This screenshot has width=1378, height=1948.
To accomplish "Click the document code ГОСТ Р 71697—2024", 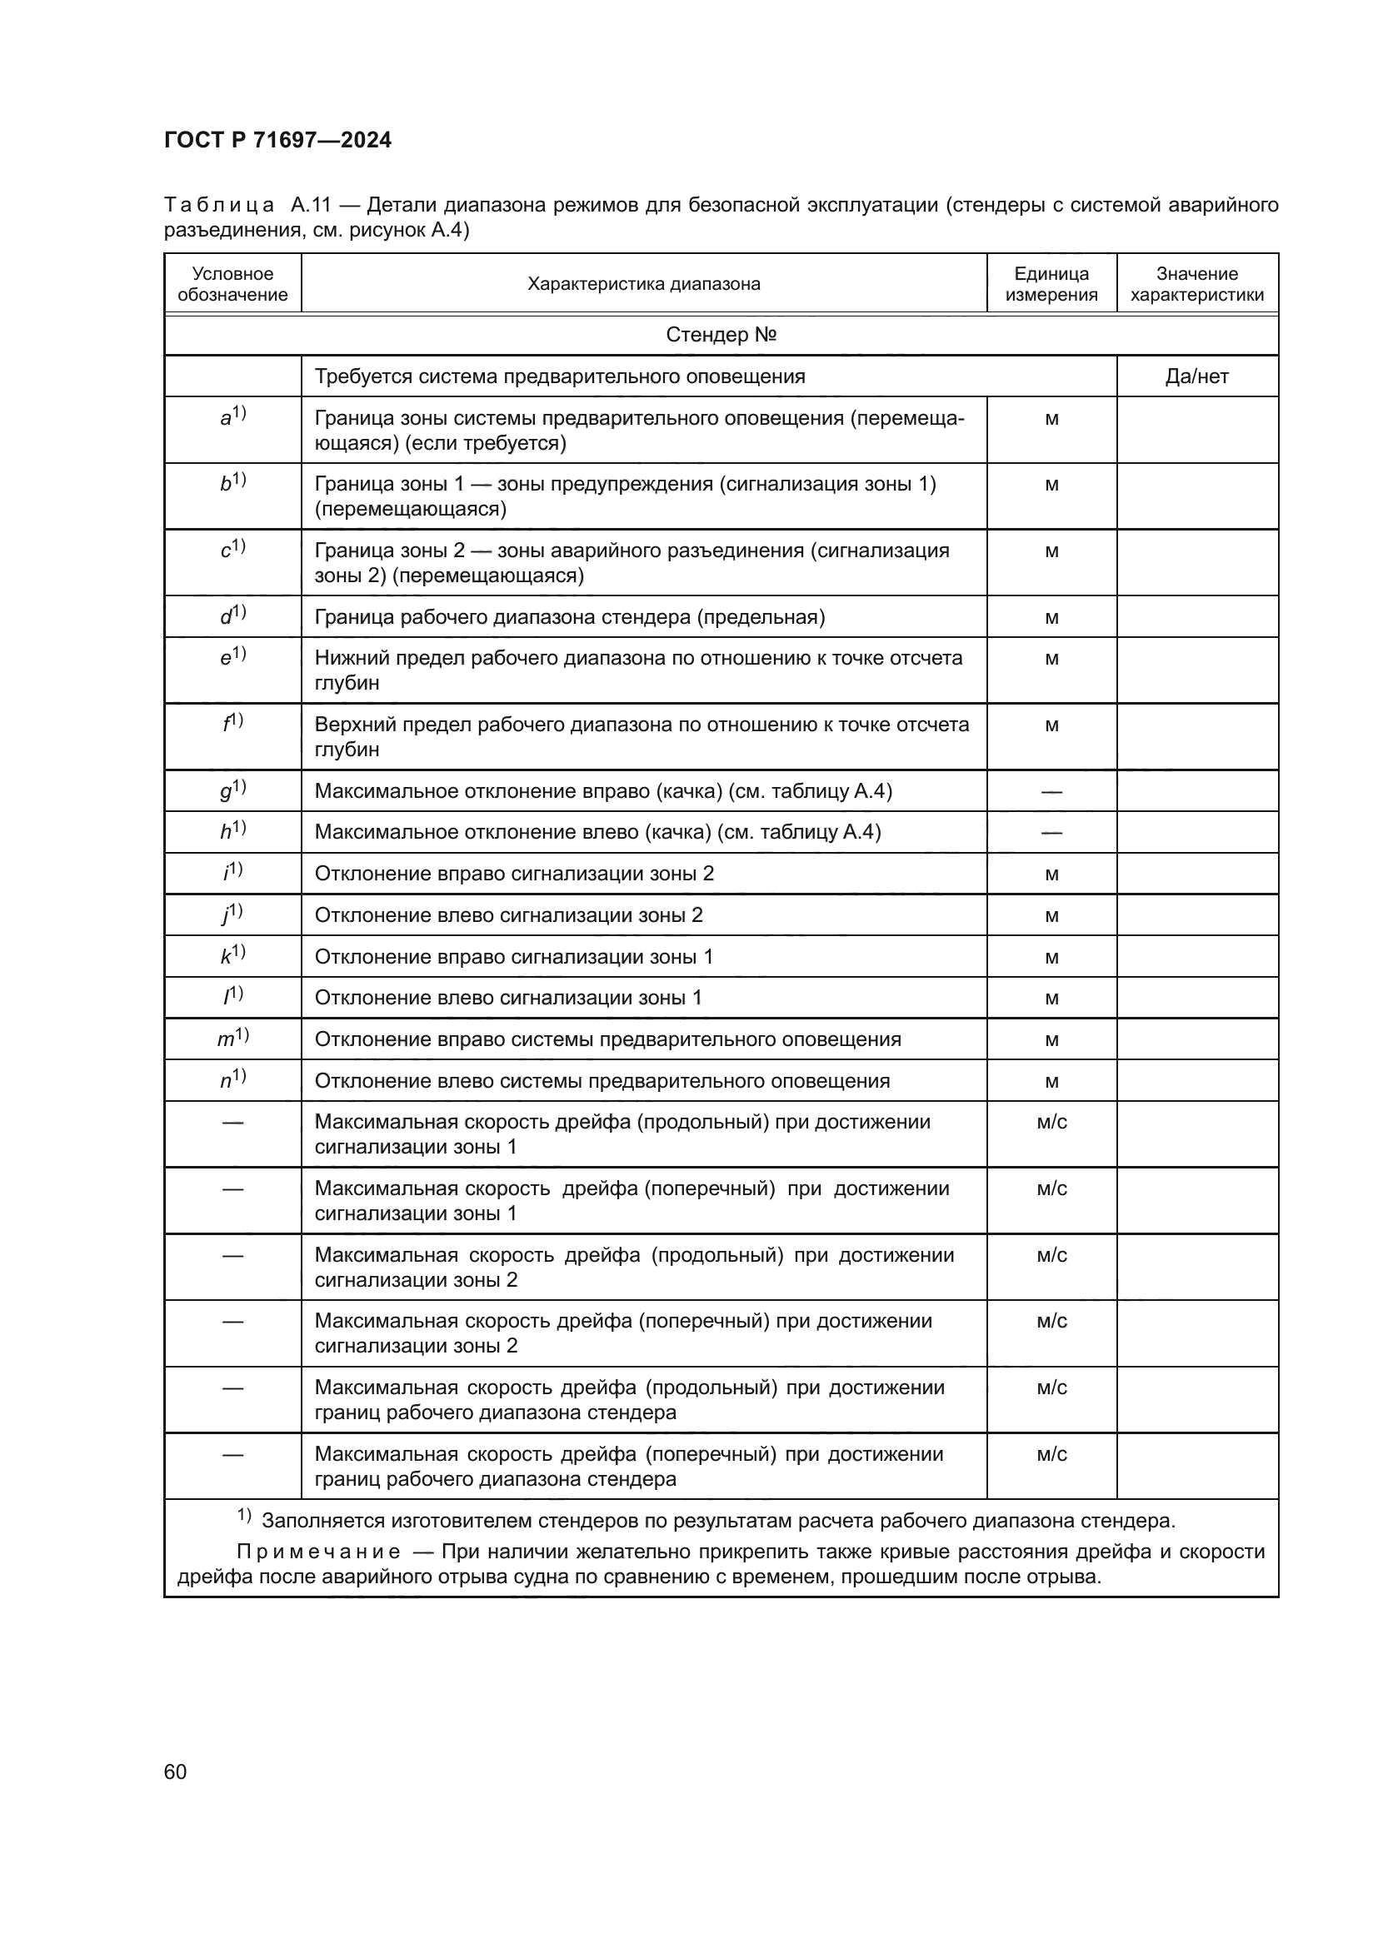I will pos(277,140).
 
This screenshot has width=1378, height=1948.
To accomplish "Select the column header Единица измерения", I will pos(1051,284).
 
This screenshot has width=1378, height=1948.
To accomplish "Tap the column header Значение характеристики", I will pos(1196,284).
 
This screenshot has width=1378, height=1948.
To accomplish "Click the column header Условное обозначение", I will pos(232,284).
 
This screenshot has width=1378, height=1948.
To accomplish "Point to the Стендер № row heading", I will pos(721,335).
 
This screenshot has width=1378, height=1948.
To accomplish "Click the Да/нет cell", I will pos(1196,376).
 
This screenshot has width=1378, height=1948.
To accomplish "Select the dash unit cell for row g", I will pos(1051,791).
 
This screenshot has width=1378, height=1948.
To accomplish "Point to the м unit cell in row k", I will pos(1051,957).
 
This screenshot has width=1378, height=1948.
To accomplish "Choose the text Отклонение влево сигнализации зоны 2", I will pos(508,915).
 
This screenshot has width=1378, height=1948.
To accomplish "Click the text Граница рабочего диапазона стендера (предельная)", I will pos(569,617).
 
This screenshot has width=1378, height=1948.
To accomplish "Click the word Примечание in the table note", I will pos(318,1552).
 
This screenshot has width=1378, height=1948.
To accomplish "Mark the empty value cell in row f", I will pos(1196,736).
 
